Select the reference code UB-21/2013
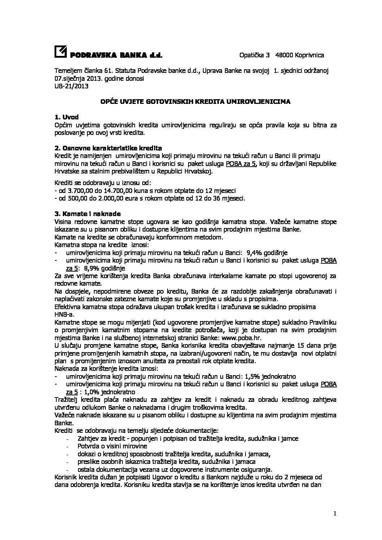click(71, 86)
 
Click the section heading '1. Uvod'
click(66, 117)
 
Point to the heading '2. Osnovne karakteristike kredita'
click(108, 148)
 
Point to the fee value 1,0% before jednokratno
click(89, 392)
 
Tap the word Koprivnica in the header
click(309, 55)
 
